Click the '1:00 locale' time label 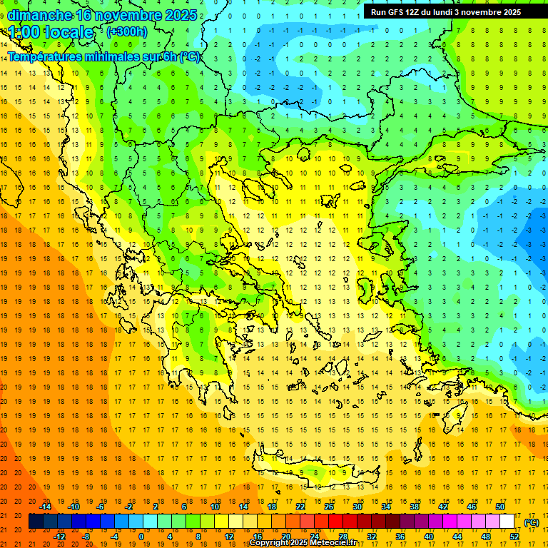click(51, 33)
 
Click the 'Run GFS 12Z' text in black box click(397, 12)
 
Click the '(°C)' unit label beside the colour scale click(531, 522)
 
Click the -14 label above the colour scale click(45, 507)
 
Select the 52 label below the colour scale click(514, 536)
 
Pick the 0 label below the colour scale click(141, 536)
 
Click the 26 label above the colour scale click(329, 507)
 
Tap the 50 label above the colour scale click(500, 507)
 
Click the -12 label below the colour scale click(59, 536)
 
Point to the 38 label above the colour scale click(415, 507)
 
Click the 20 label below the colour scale click(286, 536)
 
